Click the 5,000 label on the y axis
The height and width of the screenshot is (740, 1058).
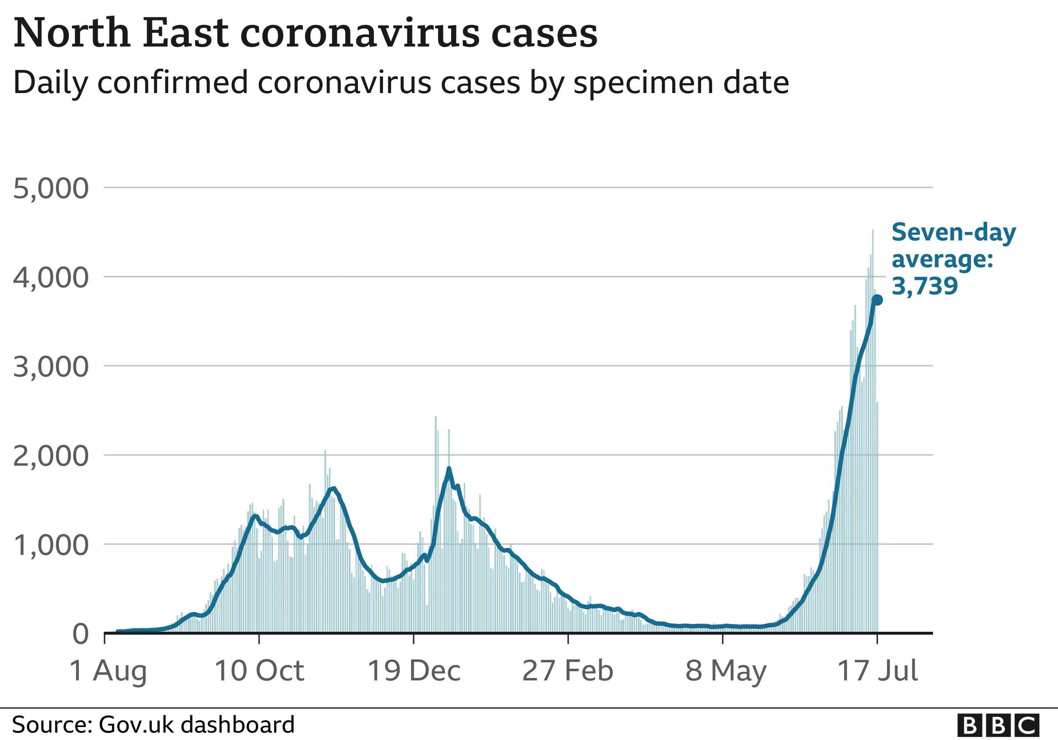[51, 189]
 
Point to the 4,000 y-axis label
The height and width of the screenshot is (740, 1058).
[51, 278]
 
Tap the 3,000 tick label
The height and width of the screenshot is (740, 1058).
[51, 367]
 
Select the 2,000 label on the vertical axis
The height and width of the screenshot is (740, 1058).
[51, 456]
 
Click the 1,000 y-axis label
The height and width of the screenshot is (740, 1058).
[51, 545]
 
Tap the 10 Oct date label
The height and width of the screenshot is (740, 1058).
[260, 671]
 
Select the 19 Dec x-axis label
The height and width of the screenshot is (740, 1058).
[414, 671]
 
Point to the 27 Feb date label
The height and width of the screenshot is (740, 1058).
[568, 671]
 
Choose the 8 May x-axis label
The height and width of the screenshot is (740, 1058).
[726, 671]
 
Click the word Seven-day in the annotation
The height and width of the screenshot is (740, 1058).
[953, 232]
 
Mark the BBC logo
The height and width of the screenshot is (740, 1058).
[998, 725]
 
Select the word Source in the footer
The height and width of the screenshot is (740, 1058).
[51, 725]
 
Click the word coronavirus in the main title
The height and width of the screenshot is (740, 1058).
[360, 33]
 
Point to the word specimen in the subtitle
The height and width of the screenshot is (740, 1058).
[644, 83]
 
